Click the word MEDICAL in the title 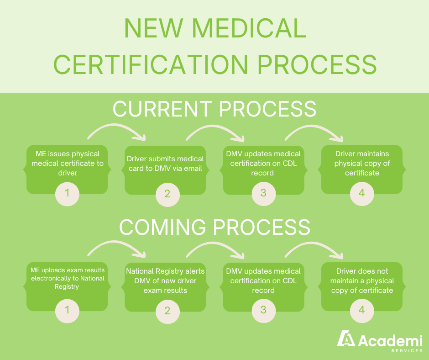248,28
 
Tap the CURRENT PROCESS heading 214,109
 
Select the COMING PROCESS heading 214,227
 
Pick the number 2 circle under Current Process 167,194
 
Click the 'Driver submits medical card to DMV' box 165,165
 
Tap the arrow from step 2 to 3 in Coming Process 215,249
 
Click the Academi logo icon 346,339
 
